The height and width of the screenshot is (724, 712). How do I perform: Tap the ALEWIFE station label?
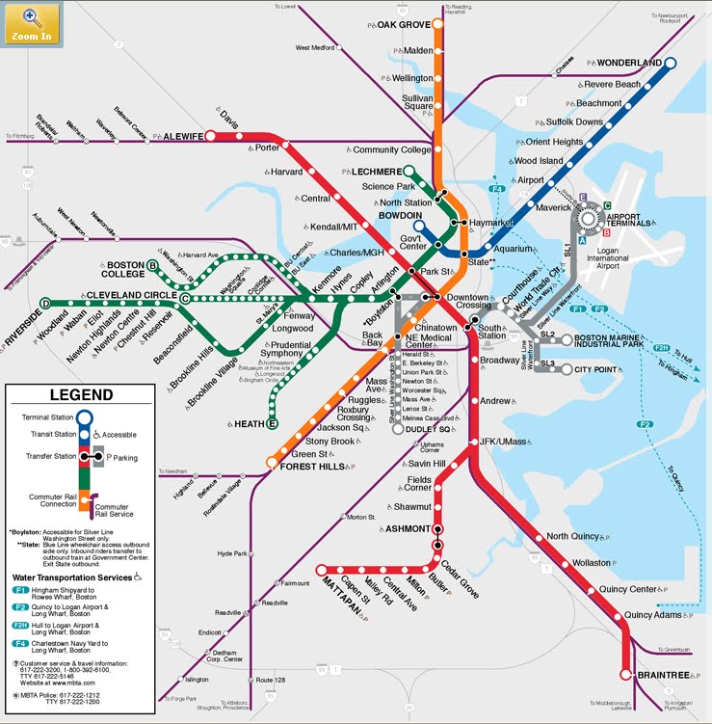(183, 137)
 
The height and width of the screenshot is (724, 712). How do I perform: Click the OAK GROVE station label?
(404, 24)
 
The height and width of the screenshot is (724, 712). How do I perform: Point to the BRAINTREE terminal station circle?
(626, 675)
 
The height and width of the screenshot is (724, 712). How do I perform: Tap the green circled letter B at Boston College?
(153, 265)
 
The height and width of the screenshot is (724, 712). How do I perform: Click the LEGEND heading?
(81, 395)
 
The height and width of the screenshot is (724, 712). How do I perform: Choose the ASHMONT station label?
(408, 529)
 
